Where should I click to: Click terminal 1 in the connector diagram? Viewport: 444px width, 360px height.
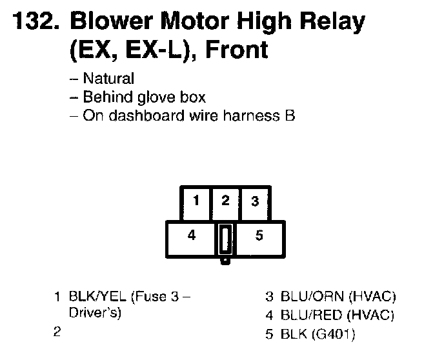tap(196, 201)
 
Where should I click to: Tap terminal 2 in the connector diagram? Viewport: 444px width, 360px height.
tap(225, 201)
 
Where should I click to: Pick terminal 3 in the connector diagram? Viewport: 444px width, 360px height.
tap(255, 201)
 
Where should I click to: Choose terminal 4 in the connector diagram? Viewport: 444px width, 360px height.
tap(191, 235)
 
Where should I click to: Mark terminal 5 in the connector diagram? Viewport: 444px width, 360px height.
tap(259, 235)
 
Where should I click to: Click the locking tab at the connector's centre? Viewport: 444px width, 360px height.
tap(225, 240)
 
